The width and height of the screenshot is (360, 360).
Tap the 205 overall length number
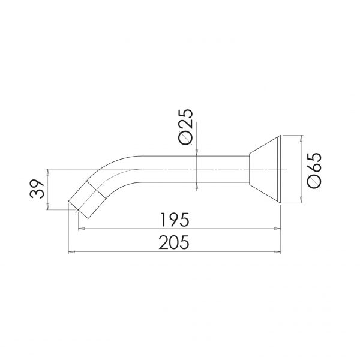pos(175,243)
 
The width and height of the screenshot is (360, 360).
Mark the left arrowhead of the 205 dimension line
pos(73,253)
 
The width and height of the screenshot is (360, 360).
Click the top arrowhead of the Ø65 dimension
pos(298,138)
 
